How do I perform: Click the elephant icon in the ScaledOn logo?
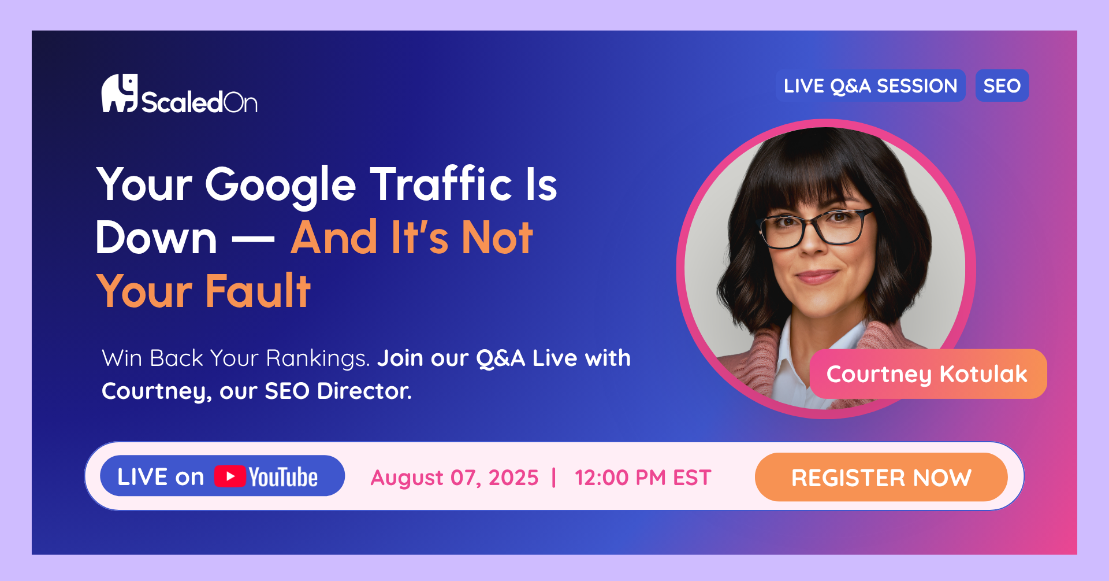click(x=120, y=92)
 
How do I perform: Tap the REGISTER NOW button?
click(x=881, y=477)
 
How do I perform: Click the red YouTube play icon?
click(x=230, y=476)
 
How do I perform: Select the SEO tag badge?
click(x=1002, y=86)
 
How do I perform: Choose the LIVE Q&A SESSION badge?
click(x=870, y=86)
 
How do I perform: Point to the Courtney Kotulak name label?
click(x=928, y=373)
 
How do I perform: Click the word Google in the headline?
click(x=281, y=186)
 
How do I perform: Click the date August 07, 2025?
click(x=455, y=478)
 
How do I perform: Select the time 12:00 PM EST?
click(x=643, y=478)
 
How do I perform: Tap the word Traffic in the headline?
click(x=441, y=183)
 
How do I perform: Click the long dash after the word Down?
click(x=254, y=238)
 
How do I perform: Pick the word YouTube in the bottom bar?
click(x=283, y=477)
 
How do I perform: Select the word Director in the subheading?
click(x=364, y=391)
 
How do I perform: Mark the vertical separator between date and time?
click(x=554, y=478)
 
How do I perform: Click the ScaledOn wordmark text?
click(x=199, y=102)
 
